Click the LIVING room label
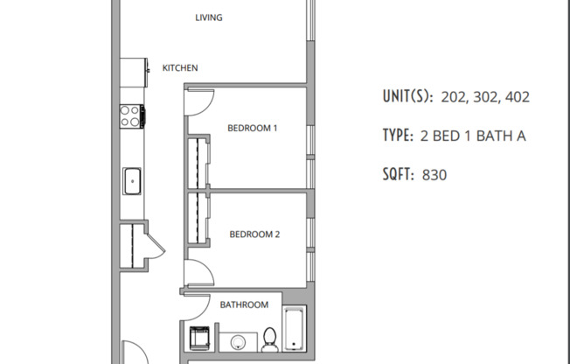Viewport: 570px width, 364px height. pos(207,17)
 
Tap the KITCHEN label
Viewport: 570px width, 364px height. pos(180,67)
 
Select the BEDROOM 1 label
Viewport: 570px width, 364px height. pos(252,128)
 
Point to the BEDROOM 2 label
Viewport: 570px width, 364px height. pos(254,234)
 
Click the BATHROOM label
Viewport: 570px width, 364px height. pos(244,304)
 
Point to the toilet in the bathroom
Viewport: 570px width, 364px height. pos(270,337)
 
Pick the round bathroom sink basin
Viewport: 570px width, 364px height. pos(236,341)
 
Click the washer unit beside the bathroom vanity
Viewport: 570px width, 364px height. pos(198,337)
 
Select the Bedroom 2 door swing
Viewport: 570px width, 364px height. pos(198,274)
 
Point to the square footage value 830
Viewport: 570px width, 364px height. pos(434,175)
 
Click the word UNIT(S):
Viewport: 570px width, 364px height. pos(407,96)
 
